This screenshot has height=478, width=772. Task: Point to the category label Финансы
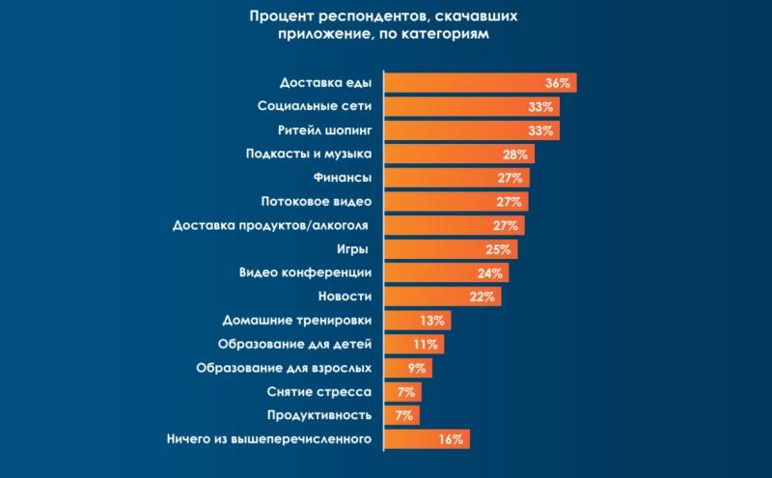tap(344, 178)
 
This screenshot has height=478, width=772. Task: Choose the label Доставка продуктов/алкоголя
tap(272, 226)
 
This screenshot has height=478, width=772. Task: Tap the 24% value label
tap(489, 273)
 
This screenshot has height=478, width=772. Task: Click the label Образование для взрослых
tap(284, 368)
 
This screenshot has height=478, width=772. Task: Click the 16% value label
tap(452, 439)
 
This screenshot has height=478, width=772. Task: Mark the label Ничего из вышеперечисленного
tap(269, 439)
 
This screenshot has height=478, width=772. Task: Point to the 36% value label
tap(557, 83)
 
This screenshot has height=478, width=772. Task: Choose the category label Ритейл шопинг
tap(323, 130)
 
